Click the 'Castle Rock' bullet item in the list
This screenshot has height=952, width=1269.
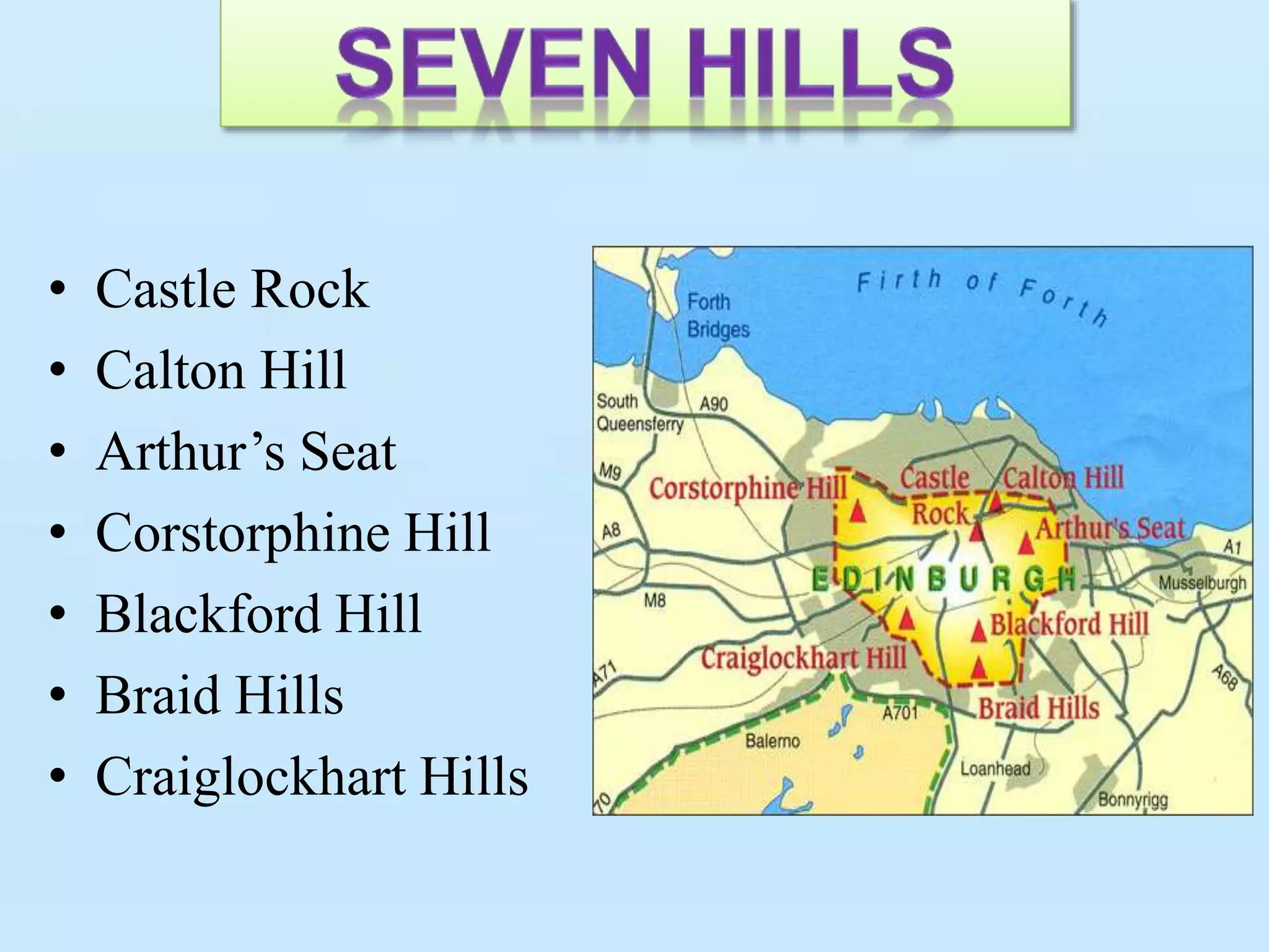232,289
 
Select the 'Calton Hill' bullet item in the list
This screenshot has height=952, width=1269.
221,370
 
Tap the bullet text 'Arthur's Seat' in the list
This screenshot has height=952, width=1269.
246,451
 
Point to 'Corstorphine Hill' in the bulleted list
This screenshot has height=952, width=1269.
293,532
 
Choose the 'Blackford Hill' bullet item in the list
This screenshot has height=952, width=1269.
259,614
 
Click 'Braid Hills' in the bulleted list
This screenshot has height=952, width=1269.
219,695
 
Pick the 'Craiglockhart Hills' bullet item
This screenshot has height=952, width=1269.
312,776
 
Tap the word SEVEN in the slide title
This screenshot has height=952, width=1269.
493,65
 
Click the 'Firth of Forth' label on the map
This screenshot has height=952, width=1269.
982,294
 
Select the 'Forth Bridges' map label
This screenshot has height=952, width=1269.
718,315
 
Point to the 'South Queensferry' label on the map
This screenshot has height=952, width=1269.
639,413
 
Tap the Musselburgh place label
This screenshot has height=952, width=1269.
1202,583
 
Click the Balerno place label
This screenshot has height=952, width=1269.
772,741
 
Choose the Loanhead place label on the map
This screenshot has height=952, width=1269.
995,769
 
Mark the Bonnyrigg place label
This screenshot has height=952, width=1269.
1133,800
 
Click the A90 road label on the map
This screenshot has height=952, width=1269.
713,404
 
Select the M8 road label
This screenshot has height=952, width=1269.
654,600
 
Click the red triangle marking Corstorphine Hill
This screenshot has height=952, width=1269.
858,512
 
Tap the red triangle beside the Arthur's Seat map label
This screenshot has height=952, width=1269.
1026,544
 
